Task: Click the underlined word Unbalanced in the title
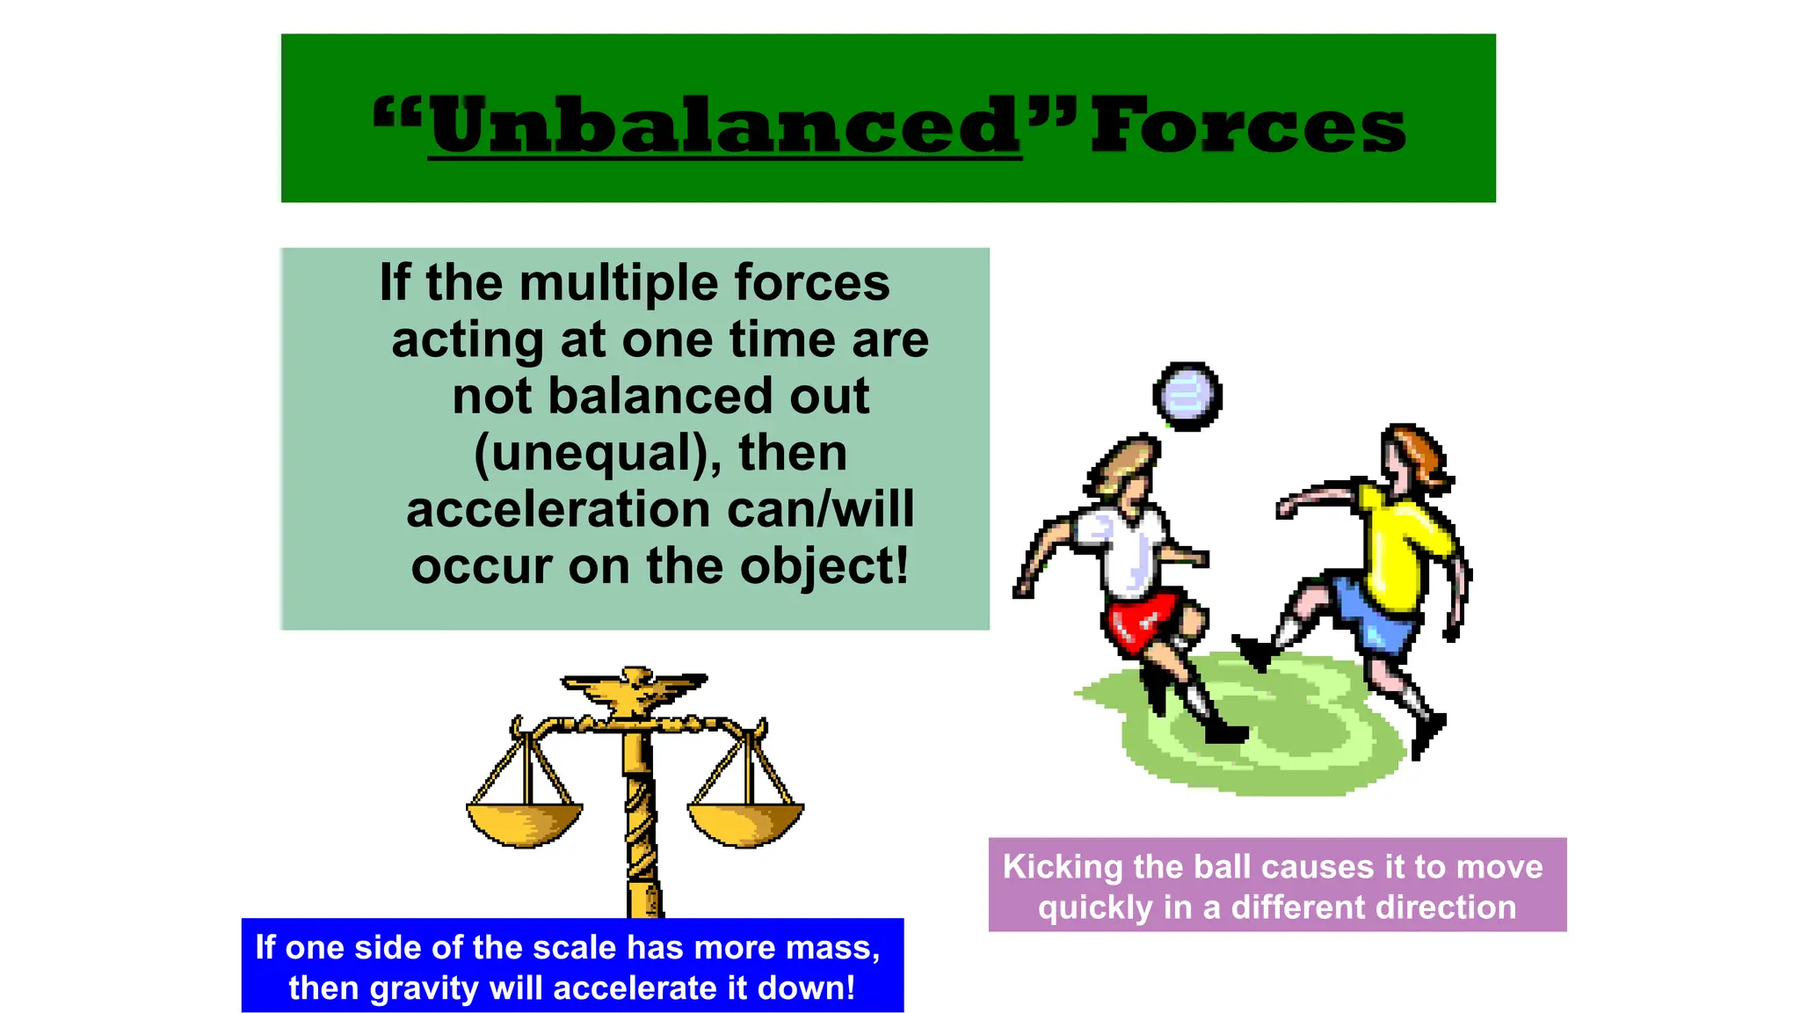pos(724,127)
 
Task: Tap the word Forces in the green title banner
pos(1248,127)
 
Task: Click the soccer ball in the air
pos(1187,397)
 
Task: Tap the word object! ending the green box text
pos(824,567)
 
